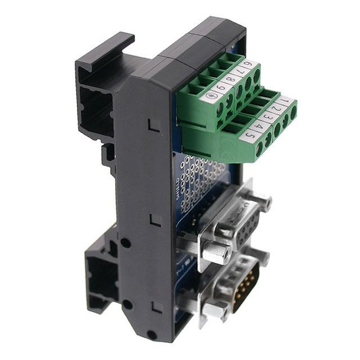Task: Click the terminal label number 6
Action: click(249, 63)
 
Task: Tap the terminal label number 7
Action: click(240, 70)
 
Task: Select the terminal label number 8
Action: click(230, 78)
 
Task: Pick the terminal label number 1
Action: click(285, 101)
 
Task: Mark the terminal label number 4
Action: click(258, 125)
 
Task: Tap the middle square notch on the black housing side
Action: click(155, 220)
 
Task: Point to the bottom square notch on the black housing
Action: click(156, 307)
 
